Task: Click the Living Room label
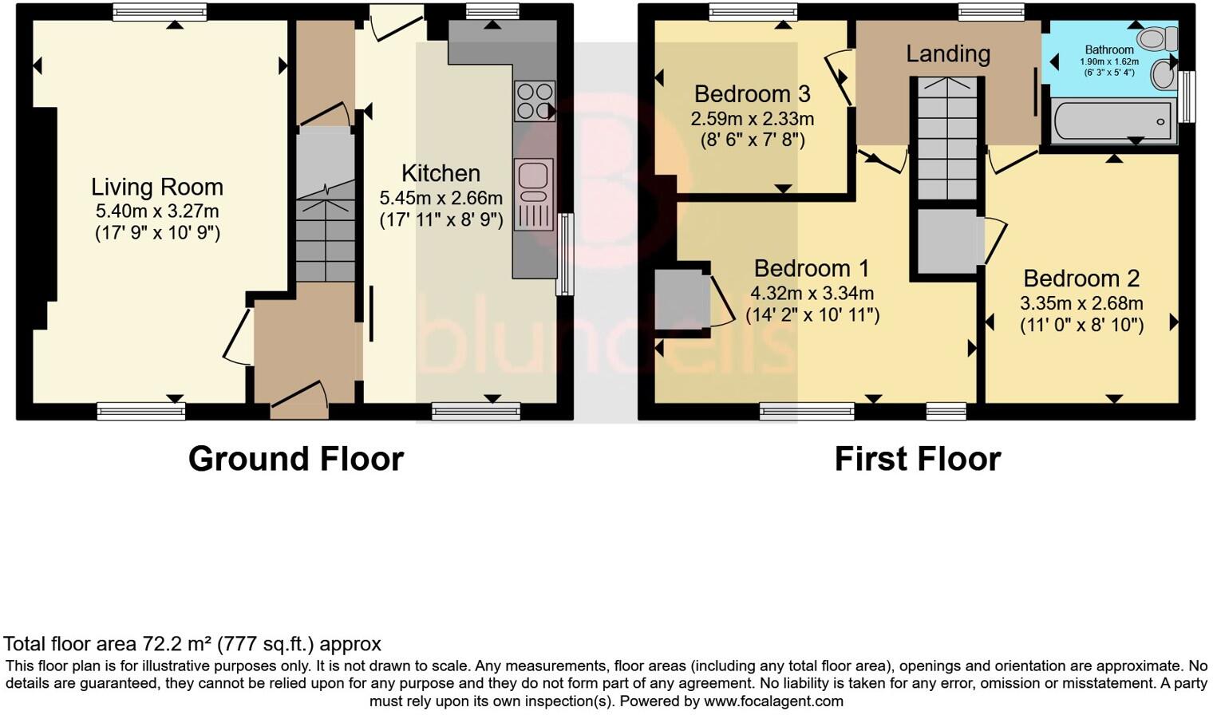(156, 187)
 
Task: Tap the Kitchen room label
(441, 173)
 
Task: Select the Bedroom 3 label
(752, 94)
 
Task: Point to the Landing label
(948, 53)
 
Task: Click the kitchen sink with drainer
(534, 195)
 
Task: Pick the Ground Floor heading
(296, 459)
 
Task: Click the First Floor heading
(917, 459)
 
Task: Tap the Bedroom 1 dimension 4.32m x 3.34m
(812, 293)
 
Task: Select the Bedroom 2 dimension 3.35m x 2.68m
(1081, 303)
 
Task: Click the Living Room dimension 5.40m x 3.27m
(157, 211)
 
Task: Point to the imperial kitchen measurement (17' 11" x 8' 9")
(441, 219)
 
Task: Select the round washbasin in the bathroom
(1164, 76)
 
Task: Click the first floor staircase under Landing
(946, 137)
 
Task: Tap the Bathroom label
(1108, 49)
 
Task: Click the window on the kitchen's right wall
(565, 254)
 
